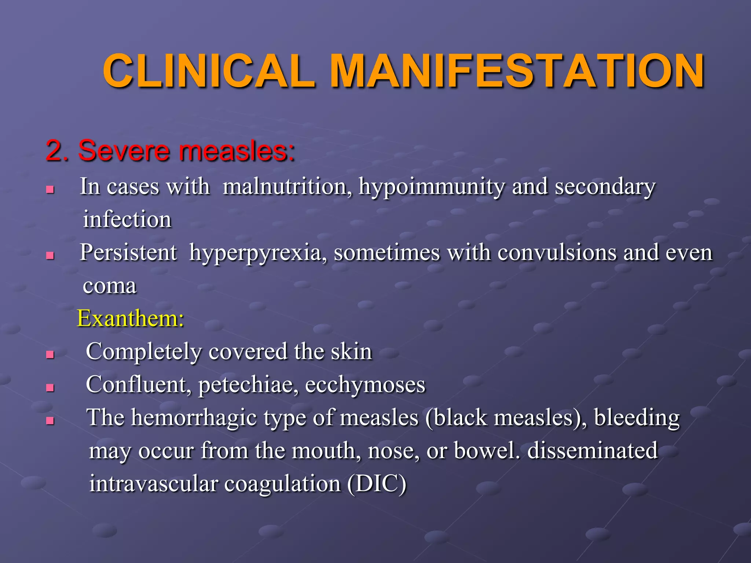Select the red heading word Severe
pyautogui.click(x=123, y=151)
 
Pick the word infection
pyautogui.click(x=127, y=220)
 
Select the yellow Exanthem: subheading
pyautogui.click(x=131, y=318)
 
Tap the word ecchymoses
pyautogui.click(x=365, y=385)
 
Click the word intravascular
pyautogui.click(x=154, y=483)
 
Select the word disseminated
pyautogui.click(x=592, y=450)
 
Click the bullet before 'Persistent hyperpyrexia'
pyautogui.click(x=50, y=255)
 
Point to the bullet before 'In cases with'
pyautogui.click(x=50, y=189)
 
